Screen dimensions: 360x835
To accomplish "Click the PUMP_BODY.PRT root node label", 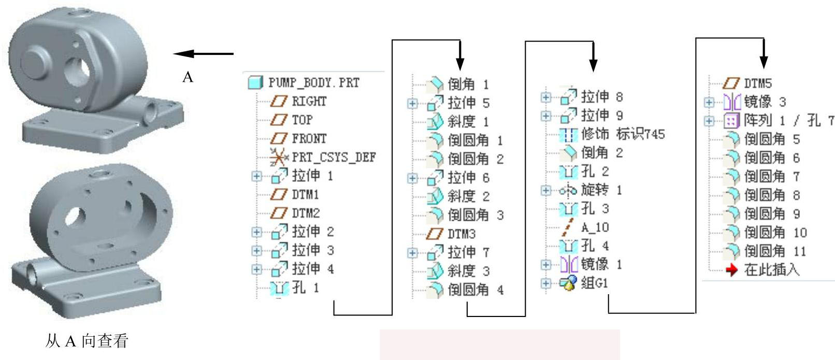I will point(313,83).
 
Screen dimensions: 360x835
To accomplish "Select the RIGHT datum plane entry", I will point(309,102).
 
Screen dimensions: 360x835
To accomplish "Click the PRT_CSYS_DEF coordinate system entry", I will point(334,157).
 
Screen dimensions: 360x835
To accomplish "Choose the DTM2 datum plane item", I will point(305,213).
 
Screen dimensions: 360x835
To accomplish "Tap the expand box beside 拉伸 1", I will point(256,176).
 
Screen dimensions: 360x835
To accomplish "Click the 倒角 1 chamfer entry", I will point(468,84).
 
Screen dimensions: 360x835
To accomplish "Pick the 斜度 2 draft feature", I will point(468,196).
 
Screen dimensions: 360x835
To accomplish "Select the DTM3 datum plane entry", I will point(461,234).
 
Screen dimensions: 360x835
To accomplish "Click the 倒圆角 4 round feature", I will point(475,290).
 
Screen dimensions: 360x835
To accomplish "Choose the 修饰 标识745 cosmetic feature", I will point(622,134).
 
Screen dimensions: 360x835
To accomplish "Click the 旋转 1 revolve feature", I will point(601,190).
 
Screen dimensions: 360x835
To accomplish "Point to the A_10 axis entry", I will point(595,227).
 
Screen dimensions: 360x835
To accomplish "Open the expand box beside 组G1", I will point(545,283).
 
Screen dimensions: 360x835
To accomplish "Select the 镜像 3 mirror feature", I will point(765,102).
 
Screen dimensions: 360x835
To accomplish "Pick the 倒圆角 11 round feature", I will point(774,252).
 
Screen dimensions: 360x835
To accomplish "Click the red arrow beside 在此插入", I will point(731,270).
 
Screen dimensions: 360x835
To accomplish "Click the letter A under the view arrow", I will point(188,78).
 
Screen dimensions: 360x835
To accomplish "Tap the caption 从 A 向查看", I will point(87,341).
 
